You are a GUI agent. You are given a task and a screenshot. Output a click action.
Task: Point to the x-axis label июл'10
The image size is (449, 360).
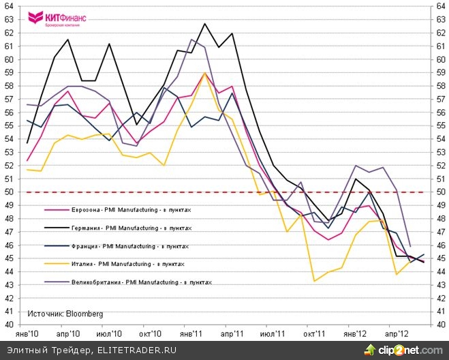coord(109,334)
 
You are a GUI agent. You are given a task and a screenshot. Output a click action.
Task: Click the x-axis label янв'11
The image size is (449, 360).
coord(191,334)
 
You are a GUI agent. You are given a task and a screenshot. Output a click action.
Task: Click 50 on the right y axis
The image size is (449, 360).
coord(439,192)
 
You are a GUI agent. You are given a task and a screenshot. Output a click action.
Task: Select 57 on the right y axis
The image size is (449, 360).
coord(439,100)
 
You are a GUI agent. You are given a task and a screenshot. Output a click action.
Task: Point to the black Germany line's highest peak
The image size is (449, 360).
coord(204,24)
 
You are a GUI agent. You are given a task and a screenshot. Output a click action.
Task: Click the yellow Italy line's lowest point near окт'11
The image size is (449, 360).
coord(314,281)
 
